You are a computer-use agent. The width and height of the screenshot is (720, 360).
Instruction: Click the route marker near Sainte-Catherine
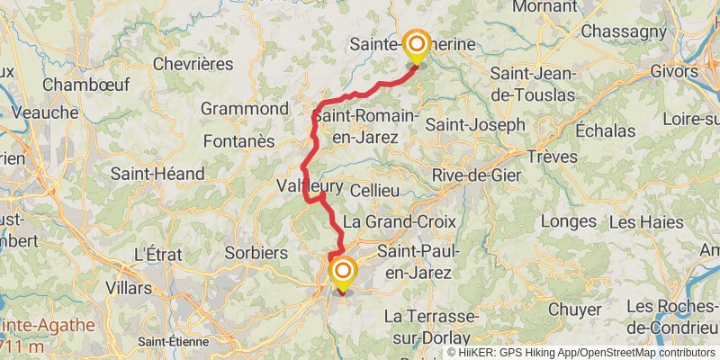pos(416,46)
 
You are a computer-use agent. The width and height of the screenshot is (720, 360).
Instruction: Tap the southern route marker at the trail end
pos(342,273)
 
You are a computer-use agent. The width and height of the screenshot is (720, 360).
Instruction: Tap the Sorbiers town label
pos(256,253)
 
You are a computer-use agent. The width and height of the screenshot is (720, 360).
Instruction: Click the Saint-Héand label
pos(158,173)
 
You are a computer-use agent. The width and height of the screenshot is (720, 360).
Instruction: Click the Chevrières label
pos(193,64)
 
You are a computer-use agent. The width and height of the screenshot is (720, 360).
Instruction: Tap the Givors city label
pos(696,69)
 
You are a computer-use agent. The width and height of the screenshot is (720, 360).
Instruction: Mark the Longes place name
pos(570,220)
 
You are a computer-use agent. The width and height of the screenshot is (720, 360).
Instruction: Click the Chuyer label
pos(574,309)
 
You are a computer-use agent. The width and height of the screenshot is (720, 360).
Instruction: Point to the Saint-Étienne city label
pos(174,341)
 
